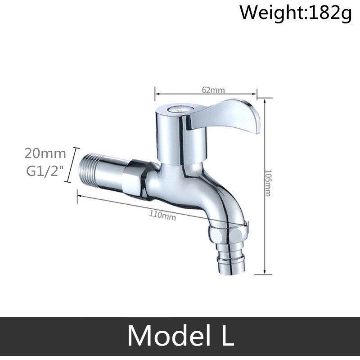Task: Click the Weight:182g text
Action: pyautogui.click(x=294, y=12)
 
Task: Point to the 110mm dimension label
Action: pyautogui.click(x=162, y=215)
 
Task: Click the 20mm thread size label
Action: pyautogui.click(x=45, y=153)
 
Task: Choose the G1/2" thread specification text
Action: pyautogui.click(x=45, y=171)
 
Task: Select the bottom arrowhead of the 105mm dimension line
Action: pyautogui.click(x=265, y=272)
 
